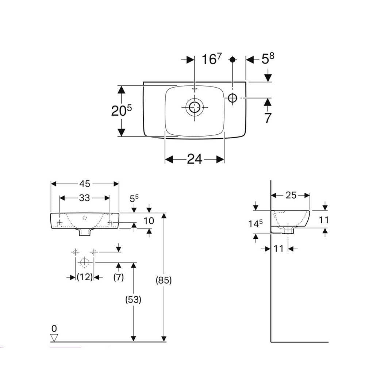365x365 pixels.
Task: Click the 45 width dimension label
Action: coord(85,184)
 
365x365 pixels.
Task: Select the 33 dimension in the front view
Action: coord(84,198)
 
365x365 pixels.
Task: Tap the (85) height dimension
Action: coord(164,280)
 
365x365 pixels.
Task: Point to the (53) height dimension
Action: coord(133,300)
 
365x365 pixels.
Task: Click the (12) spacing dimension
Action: coord(85,277)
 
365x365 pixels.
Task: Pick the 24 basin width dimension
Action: coord(195,160)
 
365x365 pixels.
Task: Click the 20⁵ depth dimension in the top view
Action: coord(121,111)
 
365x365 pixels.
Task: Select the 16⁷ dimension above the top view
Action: coord(212,59)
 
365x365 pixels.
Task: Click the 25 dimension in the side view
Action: coord(291,195)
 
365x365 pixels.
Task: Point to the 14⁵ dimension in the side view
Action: coord(255,224)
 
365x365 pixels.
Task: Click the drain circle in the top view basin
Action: coord(195,107)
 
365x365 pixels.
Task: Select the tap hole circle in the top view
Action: coord(232,98)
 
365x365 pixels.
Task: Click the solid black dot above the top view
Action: coord(232,59)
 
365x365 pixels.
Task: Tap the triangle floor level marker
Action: coord(54,338)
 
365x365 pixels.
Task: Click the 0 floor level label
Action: coord(54,328)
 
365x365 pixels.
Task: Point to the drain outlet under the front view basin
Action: coord(85,232)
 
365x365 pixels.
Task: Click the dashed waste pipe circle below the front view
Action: coord(85,262)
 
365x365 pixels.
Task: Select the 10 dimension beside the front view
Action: coord(149,221)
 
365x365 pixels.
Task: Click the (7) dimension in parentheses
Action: coord(119,277)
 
